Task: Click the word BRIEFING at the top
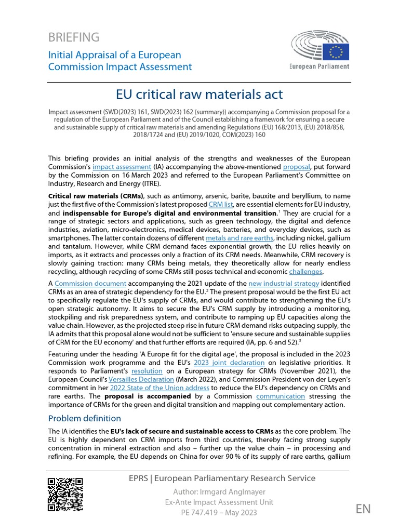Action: [x=73, y=37]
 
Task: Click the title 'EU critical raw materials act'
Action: [x=199, y=94]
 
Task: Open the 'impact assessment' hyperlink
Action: [x=122, y=167]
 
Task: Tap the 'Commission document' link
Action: [x=90, y=283]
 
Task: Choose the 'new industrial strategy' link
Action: [x=283, y=283]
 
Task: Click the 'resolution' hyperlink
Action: [x=147, y=371]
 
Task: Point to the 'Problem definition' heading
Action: [x=84, y=418]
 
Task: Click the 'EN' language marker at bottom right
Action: [x=363, y=509]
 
